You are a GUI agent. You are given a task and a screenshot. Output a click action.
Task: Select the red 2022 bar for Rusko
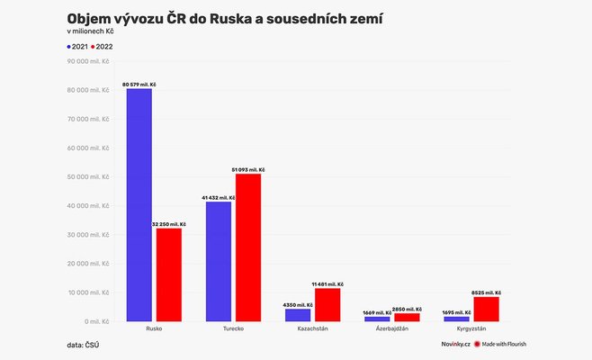coord(168,274)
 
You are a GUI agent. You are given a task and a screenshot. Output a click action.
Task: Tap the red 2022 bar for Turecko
coord(247,247)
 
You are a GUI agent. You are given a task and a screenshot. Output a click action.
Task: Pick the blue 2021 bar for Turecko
coord(219,261)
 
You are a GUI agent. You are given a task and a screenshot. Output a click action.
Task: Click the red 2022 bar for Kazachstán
coord(327,304)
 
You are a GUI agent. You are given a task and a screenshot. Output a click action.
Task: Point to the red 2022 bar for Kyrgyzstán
coord(486,309)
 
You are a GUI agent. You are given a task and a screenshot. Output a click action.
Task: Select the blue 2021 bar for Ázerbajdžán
coord(377,319)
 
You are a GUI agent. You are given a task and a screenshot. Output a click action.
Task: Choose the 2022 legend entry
coord(102,46)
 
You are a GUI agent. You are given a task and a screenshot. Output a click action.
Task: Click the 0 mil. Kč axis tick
coord(97,321)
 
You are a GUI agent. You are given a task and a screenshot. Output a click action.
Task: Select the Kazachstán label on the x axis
coord(312,329)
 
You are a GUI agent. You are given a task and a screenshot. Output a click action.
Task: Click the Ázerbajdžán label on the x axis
coord(391,329)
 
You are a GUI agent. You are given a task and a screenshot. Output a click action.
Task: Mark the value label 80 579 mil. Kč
coord(140,84)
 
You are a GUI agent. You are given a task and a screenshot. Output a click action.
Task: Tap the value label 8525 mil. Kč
coord(486,292)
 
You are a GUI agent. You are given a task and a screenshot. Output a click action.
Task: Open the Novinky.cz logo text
coord(455,345)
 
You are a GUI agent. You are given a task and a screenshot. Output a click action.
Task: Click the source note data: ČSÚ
coord(82,345)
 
